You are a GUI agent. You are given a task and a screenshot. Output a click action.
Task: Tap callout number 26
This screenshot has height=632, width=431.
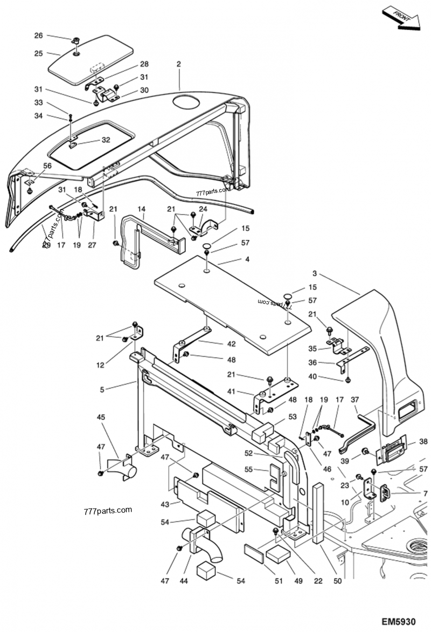tap(38, 36)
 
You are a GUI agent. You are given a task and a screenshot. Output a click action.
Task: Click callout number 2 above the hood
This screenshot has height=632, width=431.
tap(178, 64)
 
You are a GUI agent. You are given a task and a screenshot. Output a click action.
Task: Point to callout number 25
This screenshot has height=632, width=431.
tap(38, 53)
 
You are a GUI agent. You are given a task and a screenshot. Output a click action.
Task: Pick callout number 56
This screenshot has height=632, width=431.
tap(47, 166)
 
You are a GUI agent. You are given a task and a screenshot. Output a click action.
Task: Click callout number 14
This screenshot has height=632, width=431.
tap(142, 208)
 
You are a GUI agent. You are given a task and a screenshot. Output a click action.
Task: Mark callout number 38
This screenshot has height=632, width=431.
tap(423, 442)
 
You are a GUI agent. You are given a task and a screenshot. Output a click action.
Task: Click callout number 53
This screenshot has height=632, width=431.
tap(293, 416)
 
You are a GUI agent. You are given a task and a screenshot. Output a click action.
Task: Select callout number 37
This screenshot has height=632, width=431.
tap(355, 400)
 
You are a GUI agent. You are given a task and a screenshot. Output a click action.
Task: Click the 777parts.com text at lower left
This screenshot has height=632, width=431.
tap(108, 510)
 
